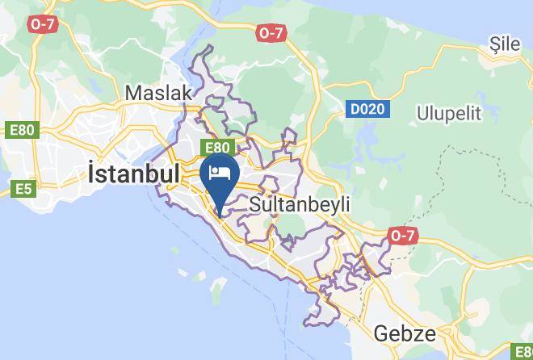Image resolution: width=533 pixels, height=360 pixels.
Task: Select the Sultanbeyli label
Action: pos(300,204)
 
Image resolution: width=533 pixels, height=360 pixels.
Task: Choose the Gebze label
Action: pos(405,334)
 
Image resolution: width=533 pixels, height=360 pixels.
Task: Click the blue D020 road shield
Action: pos(367,108)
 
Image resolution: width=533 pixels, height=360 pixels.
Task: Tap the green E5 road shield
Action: pos(23,189)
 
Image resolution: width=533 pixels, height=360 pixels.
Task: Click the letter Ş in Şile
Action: pos(494,45)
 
